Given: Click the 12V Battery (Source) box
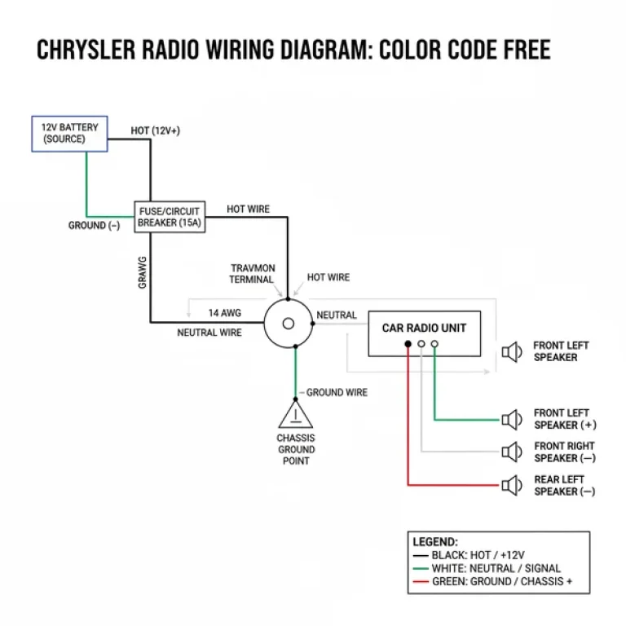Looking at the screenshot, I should pos(69,133).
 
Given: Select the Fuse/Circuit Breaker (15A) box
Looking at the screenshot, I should pos(169,217).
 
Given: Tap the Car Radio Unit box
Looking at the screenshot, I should pos(424,333).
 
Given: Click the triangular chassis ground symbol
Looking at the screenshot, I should pos(294,415).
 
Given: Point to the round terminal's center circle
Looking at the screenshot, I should pos(288,324).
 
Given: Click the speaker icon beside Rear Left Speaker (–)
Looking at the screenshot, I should pos(512,486).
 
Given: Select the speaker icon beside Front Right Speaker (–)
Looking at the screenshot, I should pos(512,452).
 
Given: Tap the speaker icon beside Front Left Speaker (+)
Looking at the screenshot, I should pos(512,420).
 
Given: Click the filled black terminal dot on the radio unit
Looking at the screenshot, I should pos(408,344).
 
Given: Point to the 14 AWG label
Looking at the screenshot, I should pos(224,313).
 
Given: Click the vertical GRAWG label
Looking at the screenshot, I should pos(142,273).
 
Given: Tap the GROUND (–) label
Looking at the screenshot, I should pos(94,226).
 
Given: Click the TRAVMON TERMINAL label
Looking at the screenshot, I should pos(252,273).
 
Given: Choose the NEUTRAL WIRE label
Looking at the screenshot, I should pos(209,333).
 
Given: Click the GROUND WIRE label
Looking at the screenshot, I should pos(336,392).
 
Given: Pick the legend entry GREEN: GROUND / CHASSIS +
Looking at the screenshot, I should pos(498,582).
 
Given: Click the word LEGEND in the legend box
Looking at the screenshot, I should pos(435,541).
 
